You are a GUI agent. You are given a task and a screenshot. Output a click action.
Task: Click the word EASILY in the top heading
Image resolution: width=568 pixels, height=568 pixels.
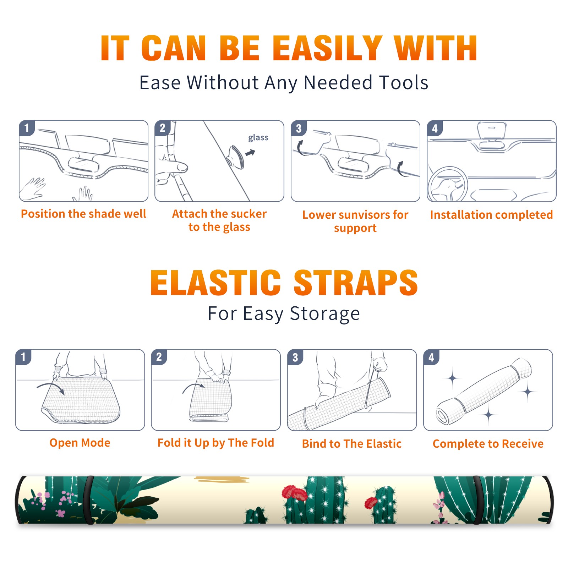click(x=327, y=48)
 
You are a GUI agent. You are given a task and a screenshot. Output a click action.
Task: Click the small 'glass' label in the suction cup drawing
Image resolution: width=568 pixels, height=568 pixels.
click(x=258, y=138)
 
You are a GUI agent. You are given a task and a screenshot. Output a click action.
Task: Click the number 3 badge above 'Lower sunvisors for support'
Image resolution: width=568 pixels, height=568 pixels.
click(x=299, y=128)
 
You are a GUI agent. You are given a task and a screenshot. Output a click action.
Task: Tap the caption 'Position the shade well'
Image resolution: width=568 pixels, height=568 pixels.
click(x=83, y=214)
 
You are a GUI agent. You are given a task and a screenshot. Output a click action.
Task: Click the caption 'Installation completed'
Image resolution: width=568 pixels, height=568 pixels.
click(x=491, y=214)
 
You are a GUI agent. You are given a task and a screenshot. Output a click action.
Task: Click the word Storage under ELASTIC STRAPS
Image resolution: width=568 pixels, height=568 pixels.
click(x=324, y=314)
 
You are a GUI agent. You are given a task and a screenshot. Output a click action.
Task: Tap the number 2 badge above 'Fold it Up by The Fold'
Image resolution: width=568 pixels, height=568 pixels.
click(x=159, y=357)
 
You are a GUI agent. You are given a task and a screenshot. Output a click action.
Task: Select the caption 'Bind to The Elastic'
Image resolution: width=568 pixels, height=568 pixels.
click(x=352, y=444)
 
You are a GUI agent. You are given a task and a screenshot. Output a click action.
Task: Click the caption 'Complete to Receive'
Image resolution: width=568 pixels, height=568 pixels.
click(x=488, y=444)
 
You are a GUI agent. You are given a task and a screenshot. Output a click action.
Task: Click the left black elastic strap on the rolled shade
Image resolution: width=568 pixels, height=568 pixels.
click(x=89, y=500)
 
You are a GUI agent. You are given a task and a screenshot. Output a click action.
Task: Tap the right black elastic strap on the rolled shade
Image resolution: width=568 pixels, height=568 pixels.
click(x=478, y=500)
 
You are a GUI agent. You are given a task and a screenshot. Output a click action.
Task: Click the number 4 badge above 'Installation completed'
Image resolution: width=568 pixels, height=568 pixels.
click(x=435, y=128)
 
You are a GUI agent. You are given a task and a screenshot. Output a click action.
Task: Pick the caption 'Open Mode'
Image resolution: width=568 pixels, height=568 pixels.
click(x=80, y=443)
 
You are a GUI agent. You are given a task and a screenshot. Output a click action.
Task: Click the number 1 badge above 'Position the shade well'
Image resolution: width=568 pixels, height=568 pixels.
click(x=27, y=128)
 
